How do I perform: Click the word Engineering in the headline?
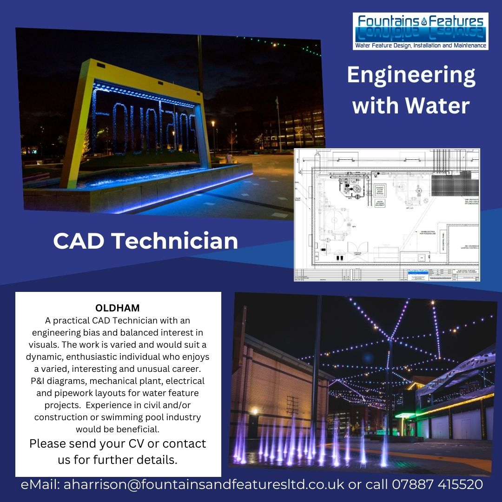click(x=411, y=76)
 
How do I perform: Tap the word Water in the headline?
click(x=437, y=106)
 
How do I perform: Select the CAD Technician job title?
click(x=145, y=241)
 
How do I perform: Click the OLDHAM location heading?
click(x=117, y=308)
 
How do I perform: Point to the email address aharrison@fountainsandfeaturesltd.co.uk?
click(x=204, y=484)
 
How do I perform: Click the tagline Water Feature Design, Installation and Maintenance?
click(x=420, y=46)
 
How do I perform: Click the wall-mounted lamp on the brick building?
click(x=254, y=411)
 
